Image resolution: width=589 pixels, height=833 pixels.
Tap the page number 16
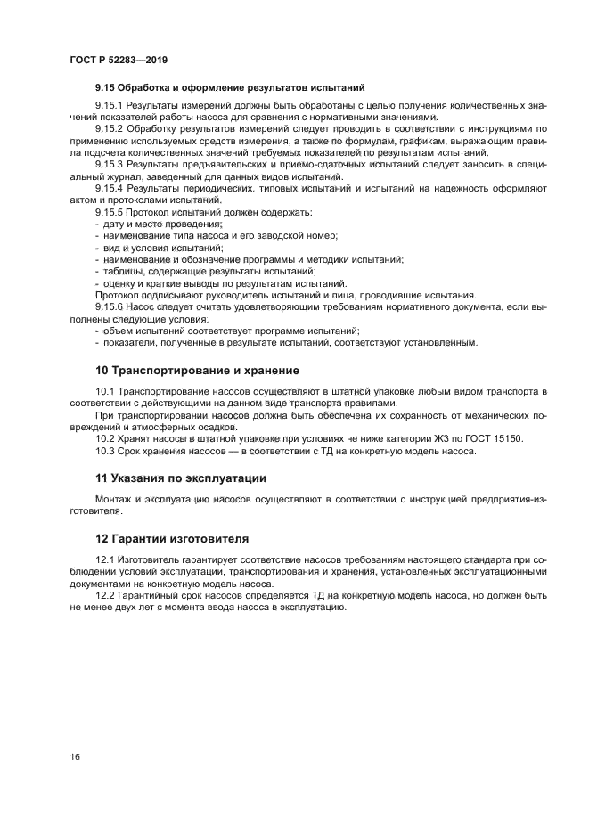pyautogui.click(x=75, y=756)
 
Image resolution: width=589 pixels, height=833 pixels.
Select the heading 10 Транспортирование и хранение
pyautogui.click(x=197, y=370)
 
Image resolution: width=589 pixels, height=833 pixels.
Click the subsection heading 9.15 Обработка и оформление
pyautogui.click(x=231, y=87)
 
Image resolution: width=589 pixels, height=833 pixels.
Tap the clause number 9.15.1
pyautogui.click(x=109, y=106)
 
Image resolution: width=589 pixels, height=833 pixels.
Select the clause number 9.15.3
pyautogui.click(x=109, y=165)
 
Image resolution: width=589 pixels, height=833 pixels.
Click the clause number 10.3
pyautogui.click(x=105, y=451)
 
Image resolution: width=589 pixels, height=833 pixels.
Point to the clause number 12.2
pyautogui.click(x=105, y=594)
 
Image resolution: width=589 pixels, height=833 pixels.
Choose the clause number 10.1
pyautogui.click(x=105, y=391)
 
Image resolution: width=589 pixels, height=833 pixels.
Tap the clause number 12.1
pyautogui.click(x=105, y=559)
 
